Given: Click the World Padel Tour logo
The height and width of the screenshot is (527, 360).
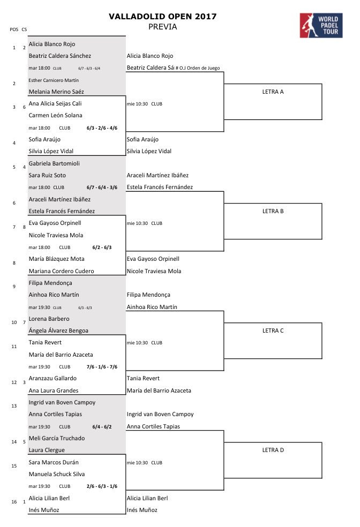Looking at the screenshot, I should pyautogui.click(x=320, y=25).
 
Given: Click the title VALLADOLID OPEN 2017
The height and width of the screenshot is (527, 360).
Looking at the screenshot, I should pyautogui.click(x=163, y=17).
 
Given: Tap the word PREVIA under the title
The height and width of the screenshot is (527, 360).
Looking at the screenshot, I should pyautogui.click(x=162, y=27).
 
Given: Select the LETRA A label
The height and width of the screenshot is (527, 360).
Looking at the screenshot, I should pyautogui.click(x=273, y=92).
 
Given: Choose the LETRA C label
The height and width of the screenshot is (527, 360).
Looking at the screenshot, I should pyautogui.click(x=273, y=330).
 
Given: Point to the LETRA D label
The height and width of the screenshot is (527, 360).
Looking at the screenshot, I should pyautogui.click(x=273, y=450).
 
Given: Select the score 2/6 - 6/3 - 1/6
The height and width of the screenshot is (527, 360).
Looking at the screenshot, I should pyautogui.click(x=102, y=486).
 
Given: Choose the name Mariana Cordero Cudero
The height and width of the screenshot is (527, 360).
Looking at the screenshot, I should pyautogui.click(x=61, y=271).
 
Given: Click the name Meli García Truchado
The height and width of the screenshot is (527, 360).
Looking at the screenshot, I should pyautogui.click(x=56, y=438).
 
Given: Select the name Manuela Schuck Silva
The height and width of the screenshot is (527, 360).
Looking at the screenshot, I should pyautogui.click(x=56, y=474).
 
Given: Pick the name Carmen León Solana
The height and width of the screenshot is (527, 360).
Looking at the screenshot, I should pyautogui.click(x=55, y=115).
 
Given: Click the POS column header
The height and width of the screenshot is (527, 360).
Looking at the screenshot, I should pyautogui.click(x=14, y=29).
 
